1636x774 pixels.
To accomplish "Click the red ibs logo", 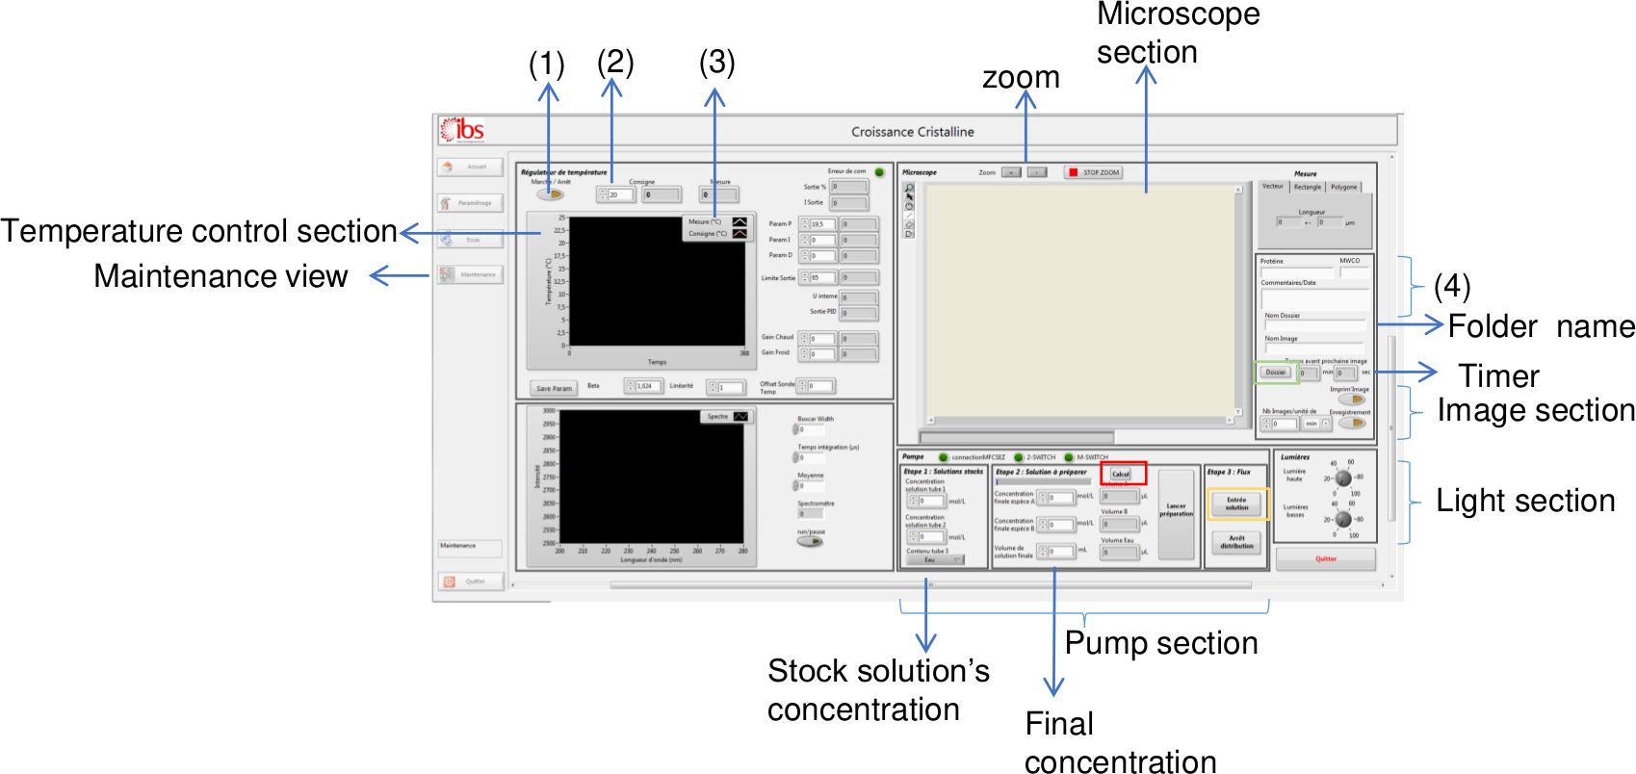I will pyautogui.click(x=462, y=130).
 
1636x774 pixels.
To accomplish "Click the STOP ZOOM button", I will pyautogui.click(x=1093, y=172).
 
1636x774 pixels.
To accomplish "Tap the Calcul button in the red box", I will pyautogui.click(x=1121, y=474).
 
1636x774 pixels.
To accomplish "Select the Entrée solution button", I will pyautogui.click(x=1236, y=503).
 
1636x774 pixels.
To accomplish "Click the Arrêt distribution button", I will pyautogui.click(x=1236, y=542).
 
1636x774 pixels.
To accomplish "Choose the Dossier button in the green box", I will pyautogui.click(x=1276, y=372).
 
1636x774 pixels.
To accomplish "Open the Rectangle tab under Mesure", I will pyautogui.click(x=1307, y=187).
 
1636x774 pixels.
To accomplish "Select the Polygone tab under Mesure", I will pyautogui.click(x=1343, y=187).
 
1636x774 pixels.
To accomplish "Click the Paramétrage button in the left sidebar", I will pyautogui.click(x=470, y=203).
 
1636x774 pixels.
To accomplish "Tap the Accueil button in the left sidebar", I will pyautogui.click(x=470, y=167).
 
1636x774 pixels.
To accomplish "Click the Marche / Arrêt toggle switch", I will pyautogui.click(x=550, y=193).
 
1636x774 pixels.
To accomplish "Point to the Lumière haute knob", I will pyautogui.click(x=1343, y=478).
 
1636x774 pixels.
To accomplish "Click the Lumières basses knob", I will pyautogui.click(x=1343, y=520).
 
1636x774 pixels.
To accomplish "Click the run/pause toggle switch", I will pyautogui.click(x=811, y=542).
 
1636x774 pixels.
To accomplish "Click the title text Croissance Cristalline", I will pyautogui.click(x=912, y=132).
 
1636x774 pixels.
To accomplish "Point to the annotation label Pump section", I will pyautogui.click(x=1160, y=643).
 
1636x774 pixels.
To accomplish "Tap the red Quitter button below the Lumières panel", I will pyautogui.click(x=1326, y=558).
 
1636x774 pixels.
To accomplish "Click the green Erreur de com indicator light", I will pyautogui.click(x=879, y=172).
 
